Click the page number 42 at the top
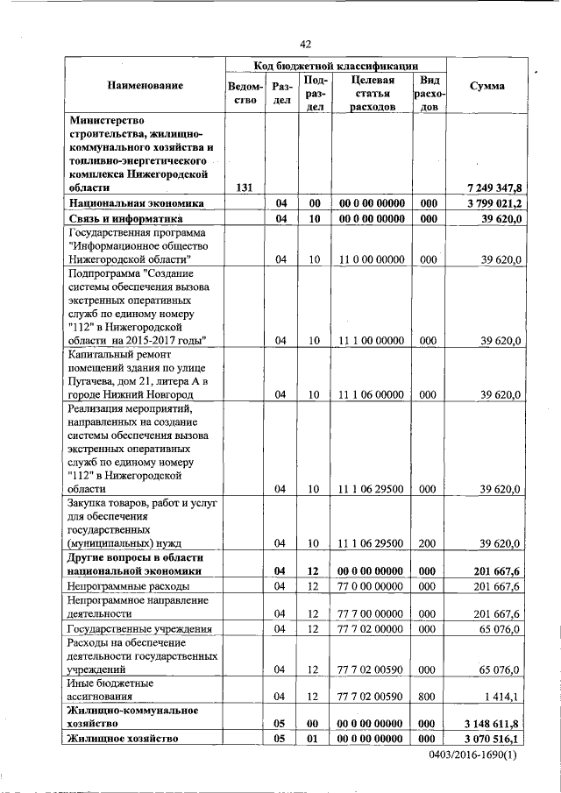(305, 44)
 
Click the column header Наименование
(146, 86)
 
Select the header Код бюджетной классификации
(336, 66)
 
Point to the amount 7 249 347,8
(494, 188)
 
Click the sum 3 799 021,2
(494, 203)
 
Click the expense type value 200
(429, 543)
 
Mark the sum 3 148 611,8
(494, 724)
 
